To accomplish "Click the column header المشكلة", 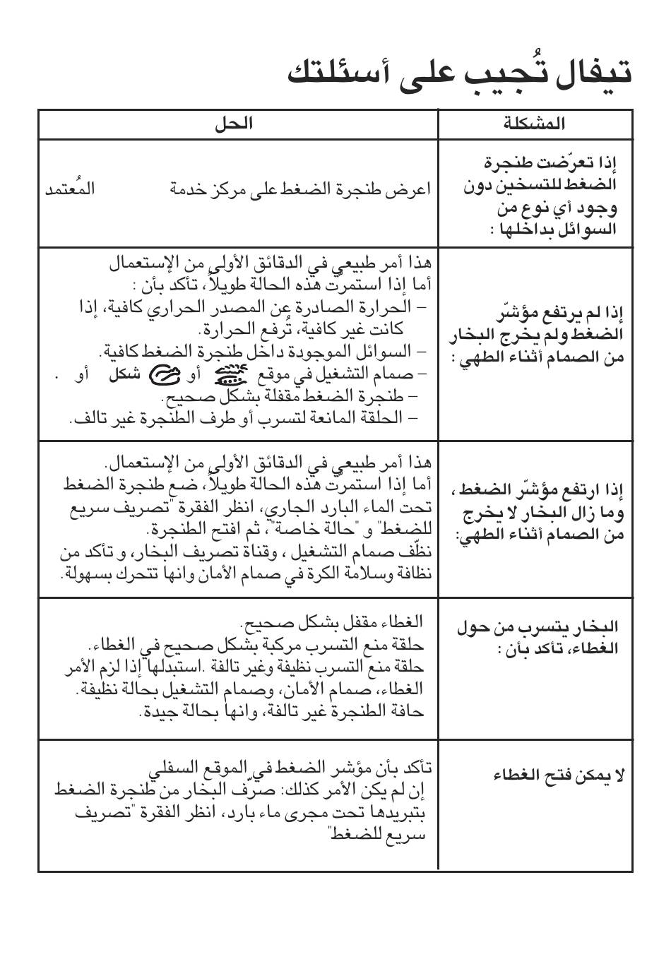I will coord(534,124).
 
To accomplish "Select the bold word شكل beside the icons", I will coord(124,374).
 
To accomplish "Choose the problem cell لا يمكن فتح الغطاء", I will coord(559,775).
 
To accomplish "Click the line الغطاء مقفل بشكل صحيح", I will coord(331,621).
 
